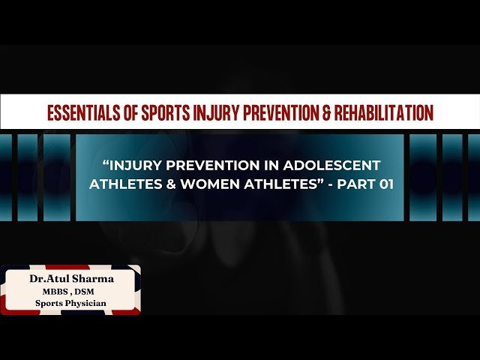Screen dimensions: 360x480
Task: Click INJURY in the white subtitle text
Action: coord(135,164)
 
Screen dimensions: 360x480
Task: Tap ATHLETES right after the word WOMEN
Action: coord(266,184)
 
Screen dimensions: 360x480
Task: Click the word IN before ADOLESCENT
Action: coord(281,164)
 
